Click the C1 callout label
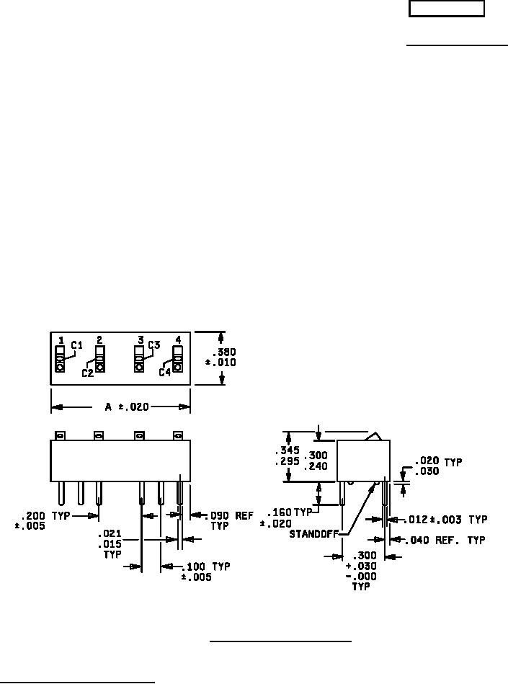pos(77,345)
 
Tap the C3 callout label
pos(153,345)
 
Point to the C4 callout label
pos(165,372)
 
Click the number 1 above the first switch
pos(61,339)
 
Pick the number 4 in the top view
pos(177,339)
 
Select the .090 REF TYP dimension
pos(227,520)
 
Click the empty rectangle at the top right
pos(447,9)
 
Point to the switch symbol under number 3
pos(138,357)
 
